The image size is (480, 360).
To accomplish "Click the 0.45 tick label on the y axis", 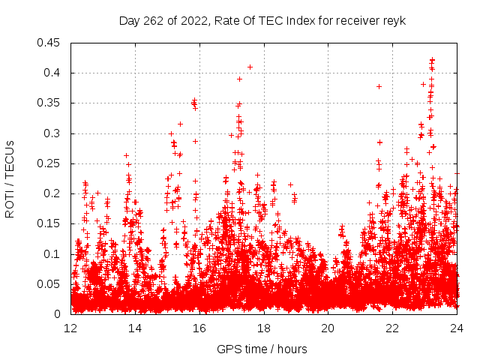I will click(52, 43).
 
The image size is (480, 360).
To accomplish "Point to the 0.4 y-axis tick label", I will click(55, 73).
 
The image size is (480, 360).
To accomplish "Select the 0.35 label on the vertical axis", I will click(52, 103).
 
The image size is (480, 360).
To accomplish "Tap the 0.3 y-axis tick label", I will click(55, 133).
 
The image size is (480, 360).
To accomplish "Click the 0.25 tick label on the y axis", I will click(52, 163).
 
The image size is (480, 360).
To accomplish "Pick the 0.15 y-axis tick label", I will click(52, 223).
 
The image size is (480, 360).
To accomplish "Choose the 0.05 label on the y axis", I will click(52, 284).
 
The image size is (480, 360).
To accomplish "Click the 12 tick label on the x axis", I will click(71, 328).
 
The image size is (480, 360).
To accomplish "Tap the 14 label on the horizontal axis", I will click(136, 328).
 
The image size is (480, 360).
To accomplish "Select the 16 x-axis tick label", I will click(199, 328).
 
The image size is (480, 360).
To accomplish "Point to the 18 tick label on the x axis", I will click(264, 328).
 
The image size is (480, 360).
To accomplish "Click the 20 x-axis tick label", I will click(328, 328).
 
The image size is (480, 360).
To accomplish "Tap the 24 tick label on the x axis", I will click(457, 328).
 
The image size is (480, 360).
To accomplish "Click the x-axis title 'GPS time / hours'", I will click(262, 349).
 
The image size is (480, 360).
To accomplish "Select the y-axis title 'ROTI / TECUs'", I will click(10, 179).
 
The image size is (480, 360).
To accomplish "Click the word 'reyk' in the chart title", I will click(393, 20).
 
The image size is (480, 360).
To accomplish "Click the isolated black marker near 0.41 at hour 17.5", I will click(250, 67).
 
